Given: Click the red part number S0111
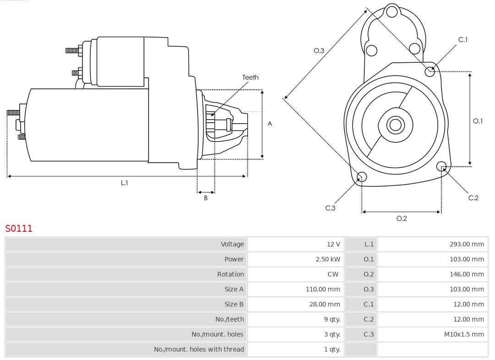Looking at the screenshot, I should tap(19, 228).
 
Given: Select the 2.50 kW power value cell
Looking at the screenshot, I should tap(328, 259).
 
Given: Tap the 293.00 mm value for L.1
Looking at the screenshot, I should tap(467, 244).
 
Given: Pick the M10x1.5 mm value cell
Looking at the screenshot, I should tap(464, 334).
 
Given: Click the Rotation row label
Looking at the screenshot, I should tap(231, 274).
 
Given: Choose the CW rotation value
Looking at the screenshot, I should tap(333, 274).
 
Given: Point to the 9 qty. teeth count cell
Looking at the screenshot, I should tap(332, 319).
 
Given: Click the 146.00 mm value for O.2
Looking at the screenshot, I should tap(467, 274).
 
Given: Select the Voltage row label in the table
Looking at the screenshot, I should tap(232, 244).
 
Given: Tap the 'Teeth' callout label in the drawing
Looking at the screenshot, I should tap(250, 77).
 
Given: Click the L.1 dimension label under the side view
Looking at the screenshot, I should tap(124, 183).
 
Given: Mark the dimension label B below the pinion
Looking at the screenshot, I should tap(206, 198).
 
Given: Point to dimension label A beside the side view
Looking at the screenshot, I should tap(270, 124).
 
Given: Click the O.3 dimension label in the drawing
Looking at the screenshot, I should tap(319, 50).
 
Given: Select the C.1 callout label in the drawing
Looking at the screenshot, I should tap(463, 39).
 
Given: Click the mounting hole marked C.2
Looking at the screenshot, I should tap(442, 166).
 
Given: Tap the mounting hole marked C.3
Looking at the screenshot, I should tap(362, 177).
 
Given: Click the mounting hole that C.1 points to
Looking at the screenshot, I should tap(430, 71).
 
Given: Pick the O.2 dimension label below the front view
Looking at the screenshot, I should tap(401, 218).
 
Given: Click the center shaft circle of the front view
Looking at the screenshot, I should tap(394, 125).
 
